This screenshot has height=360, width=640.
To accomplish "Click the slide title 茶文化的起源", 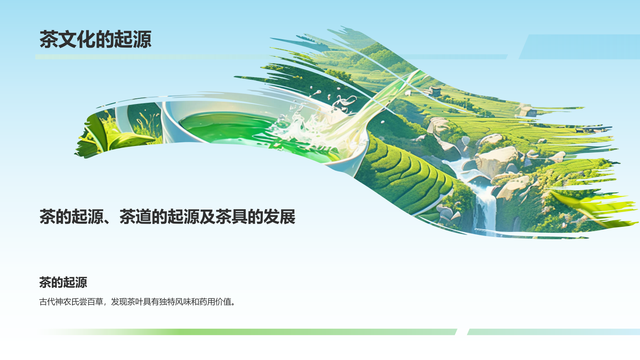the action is [96, 39].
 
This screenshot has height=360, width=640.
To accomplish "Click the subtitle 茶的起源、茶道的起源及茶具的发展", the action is [167, 216].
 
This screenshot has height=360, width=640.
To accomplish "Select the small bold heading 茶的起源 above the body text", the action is [63, 282].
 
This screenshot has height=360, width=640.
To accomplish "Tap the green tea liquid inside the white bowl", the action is [228, 128].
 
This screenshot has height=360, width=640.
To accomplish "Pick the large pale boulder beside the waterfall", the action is [497, 160].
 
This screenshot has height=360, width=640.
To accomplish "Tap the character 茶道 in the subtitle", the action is [135, 216].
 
